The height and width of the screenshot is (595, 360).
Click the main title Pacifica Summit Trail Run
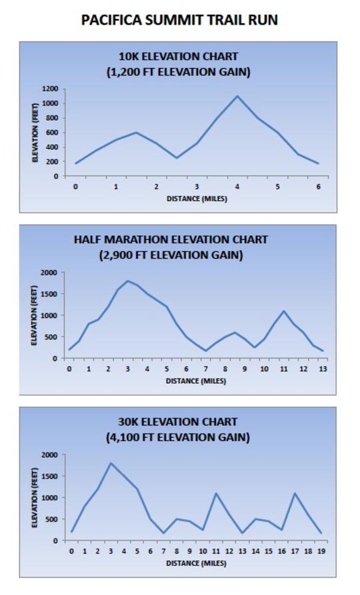(179, 20)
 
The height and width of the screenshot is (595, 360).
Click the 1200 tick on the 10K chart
(51, 89)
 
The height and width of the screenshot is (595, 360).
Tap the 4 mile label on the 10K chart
(237, 187)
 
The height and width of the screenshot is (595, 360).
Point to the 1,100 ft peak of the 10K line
(237, 96)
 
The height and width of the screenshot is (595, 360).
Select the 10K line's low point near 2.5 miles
(177, 157)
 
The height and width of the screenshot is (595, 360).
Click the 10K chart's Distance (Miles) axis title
(197, 199)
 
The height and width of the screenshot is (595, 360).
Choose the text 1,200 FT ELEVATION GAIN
(179, 72)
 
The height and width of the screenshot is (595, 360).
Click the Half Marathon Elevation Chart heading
(171, 239)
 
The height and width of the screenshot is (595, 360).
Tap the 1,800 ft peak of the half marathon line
(127, 281)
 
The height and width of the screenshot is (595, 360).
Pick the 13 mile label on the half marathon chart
(323, 369)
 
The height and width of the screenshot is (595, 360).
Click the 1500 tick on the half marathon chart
(49, 294)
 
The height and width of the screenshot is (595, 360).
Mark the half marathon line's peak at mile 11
(284, 311)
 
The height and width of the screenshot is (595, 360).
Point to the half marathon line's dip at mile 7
(206, 350)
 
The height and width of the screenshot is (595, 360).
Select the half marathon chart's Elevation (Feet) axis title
(34, 316)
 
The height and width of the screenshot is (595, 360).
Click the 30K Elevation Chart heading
(178, 422)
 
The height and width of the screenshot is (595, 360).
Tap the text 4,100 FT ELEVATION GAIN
(178, 437)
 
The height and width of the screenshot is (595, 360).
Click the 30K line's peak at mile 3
(111, 463)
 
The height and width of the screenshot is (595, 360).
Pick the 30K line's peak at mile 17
(295, 493)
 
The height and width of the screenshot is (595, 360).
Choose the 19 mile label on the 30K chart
(321, 551)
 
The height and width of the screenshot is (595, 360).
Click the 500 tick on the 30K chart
(51, 519)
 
